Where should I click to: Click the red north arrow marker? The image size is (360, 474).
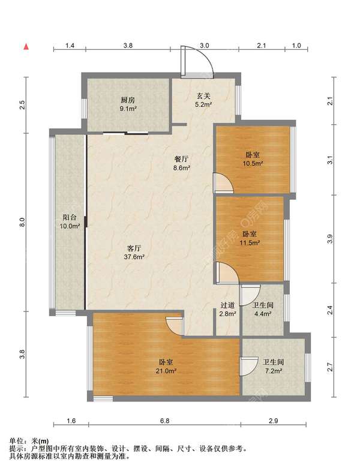pos(26,46)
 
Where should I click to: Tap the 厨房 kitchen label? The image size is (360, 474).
pos(128,100)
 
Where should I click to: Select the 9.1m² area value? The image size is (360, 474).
pos(128,109)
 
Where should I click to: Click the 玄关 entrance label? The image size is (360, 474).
pos(203,96)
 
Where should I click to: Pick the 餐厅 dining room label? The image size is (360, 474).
pos(182,159)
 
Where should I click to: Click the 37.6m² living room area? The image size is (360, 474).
pos(134,257)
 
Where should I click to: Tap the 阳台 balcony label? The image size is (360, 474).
pos(70,217)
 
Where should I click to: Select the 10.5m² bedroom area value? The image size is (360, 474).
pos(253,164)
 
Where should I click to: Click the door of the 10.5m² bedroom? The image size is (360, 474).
pos(224,183)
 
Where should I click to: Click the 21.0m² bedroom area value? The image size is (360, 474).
pos(166,371)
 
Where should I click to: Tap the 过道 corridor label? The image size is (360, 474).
pos(227,305)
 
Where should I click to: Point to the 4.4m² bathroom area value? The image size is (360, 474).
pos(263,314)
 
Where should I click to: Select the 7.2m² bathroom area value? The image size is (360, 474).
pos(274,371)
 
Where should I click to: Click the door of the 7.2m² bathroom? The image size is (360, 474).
pos(248,367)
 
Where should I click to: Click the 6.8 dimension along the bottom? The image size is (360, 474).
pos(165,421)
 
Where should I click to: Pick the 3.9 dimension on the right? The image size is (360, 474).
pos(331,239)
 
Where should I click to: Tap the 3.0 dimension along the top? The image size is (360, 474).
pos(205,46)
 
